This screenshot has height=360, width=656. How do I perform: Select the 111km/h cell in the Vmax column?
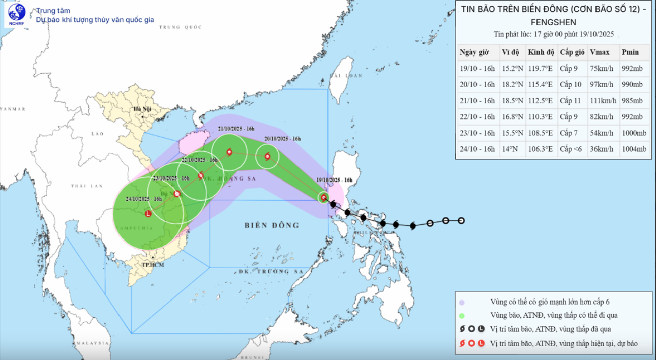(x=603, y=101)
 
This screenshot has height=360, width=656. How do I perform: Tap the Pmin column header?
(x=630, y=52)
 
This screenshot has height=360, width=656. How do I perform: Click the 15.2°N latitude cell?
(x=511, y=69)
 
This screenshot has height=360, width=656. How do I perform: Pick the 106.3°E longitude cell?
(x=541, y=149)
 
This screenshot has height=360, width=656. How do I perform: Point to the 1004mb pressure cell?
(x=634, y=149)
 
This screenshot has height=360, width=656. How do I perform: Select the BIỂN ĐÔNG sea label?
(x=272, y=225)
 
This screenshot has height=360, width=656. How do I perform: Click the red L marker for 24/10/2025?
(x=148, y=214)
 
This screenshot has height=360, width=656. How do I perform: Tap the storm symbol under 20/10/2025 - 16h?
(x=267, y=156)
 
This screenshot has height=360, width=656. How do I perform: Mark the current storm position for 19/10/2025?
(x=324, y=197)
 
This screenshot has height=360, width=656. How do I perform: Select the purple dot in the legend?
(x=461, y=302)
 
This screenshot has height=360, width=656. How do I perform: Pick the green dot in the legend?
(x=461, y=315)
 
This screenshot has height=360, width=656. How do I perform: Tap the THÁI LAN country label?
(x=83, y=186)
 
